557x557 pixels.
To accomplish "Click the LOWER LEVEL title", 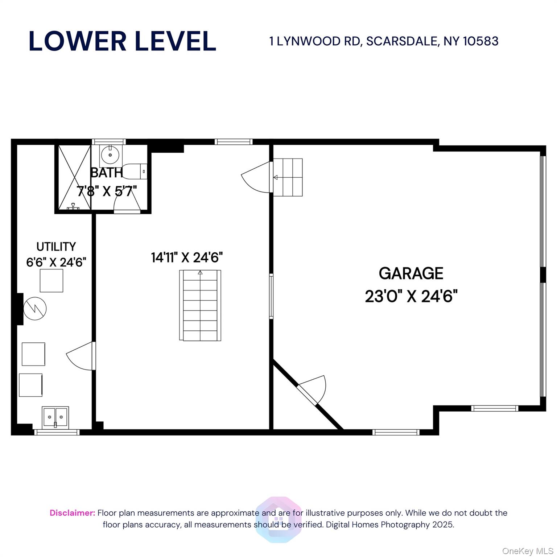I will [x=122, y=41].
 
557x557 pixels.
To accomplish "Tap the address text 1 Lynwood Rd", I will [x=384, y=41].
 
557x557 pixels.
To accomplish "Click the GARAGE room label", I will [x=411, y=273].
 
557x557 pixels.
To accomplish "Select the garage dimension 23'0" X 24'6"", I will [x=411, y=297].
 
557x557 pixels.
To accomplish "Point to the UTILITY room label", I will [x=56, y=247].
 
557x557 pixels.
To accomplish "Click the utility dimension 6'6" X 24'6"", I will [x=56, y=262].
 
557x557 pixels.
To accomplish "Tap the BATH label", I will [x=106, y=173].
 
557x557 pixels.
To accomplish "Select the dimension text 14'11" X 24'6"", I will [x=187, y=257].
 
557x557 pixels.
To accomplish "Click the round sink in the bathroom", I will [x=110, y=156].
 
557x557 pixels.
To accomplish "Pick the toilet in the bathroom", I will [x=135, y=172].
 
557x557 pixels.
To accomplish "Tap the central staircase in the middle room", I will [x=200, y=305].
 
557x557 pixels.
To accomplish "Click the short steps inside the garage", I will [x=288, y=177].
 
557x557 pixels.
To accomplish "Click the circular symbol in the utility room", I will [x=35, y=309].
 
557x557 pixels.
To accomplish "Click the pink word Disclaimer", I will [x=72, y=513].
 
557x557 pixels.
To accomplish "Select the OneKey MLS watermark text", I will [x=527, y=551].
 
